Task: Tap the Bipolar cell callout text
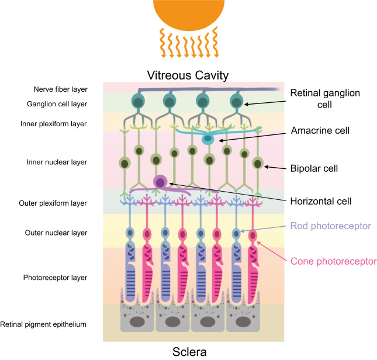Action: pyautogui.click(x=314, y=168)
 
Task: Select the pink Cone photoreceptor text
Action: pyautogui.click(x=333, y=261)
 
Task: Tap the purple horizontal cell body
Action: pyautogui.click(x=160, y=182)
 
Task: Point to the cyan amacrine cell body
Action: pyautogui.click(x=207, y=140)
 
